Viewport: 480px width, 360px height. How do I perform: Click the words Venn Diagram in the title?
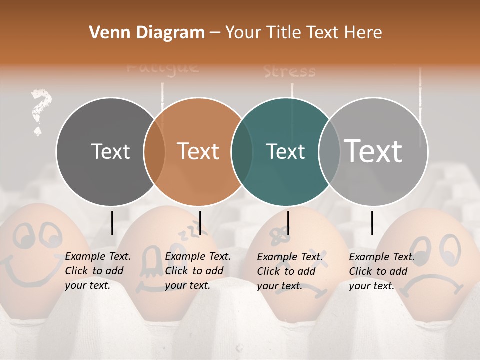click(147, 33)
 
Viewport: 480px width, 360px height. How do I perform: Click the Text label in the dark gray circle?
click(111, 151)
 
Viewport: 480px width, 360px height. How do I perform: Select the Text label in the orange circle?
click(198, 151)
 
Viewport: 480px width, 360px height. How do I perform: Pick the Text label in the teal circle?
click(285, 151)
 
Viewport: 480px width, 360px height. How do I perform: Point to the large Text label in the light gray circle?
click(373, 151)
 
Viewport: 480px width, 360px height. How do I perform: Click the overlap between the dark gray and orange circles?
click(154, 151)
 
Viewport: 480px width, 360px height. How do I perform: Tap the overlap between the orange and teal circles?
click(242, 151)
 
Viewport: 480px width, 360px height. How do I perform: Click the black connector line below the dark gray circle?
click(112, 223)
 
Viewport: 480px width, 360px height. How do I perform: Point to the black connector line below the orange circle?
click(200, 223)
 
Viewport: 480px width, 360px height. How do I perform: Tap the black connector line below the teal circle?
click(288, 223)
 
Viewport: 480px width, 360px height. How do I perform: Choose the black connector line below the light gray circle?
click(372, 223)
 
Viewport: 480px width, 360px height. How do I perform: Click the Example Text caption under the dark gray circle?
click(98, 271)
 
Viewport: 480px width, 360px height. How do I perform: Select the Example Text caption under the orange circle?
click(198, 271)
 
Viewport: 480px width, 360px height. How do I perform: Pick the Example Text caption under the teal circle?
click(290, 271)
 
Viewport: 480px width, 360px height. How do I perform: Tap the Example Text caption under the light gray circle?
click(382, 271)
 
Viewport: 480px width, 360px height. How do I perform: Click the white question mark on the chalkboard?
click(40, 111)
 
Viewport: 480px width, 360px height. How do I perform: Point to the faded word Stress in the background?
click(290, 71)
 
